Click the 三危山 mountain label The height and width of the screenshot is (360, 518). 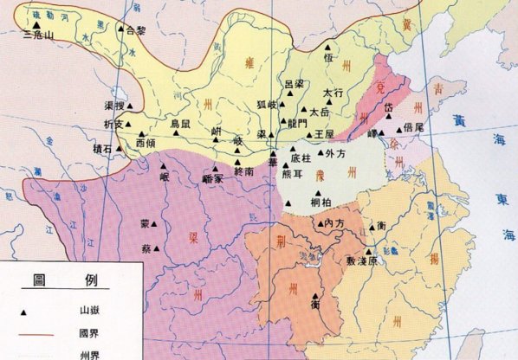tap(38, 36)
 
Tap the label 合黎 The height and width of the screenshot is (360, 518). tap(136, 29)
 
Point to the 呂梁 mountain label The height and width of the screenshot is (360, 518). tap(294, 84)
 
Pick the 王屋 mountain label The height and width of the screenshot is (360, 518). tap(324, 134)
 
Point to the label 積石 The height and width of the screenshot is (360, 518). tap(126, 149)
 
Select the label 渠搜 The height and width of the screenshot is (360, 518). tap(115, 105)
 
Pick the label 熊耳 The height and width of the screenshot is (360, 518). tap(293, 173)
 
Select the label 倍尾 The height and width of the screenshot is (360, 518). tap(413, 126)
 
